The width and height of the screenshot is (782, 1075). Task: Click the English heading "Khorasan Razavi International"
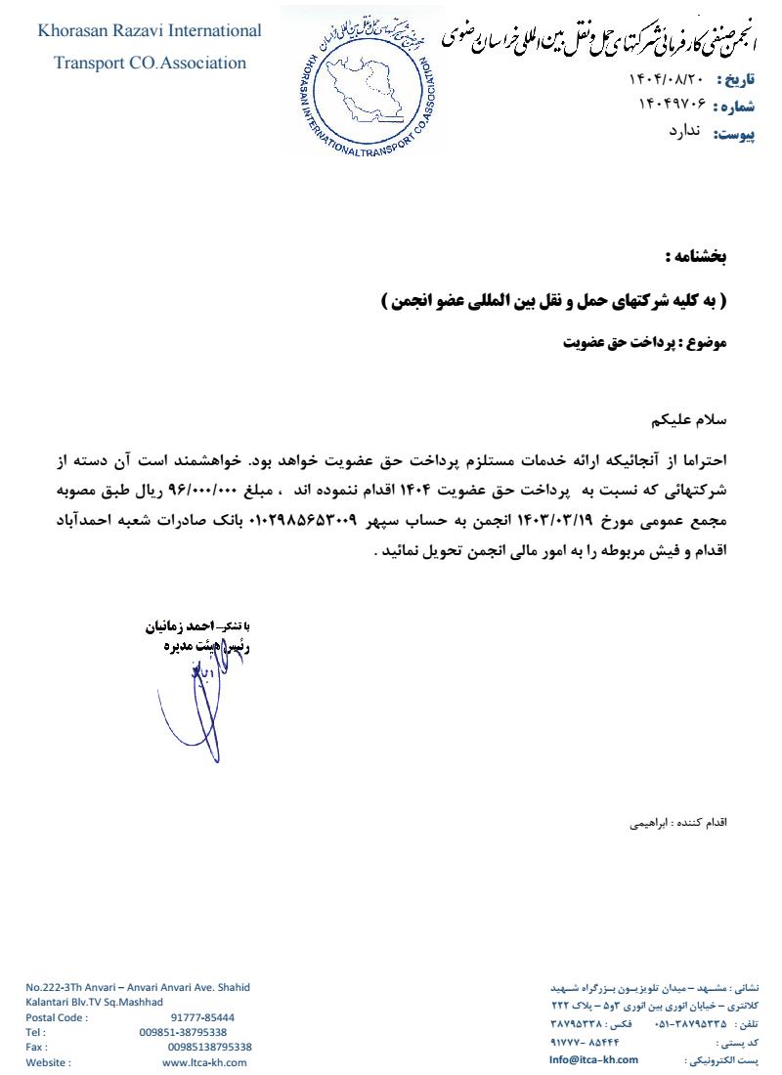coord(150,31)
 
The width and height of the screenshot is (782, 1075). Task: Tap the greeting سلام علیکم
coord(693,421)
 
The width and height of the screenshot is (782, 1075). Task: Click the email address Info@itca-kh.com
coord(593,1059)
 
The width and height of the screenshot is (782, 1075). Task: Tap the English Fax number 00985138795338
coord(209,1047)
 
